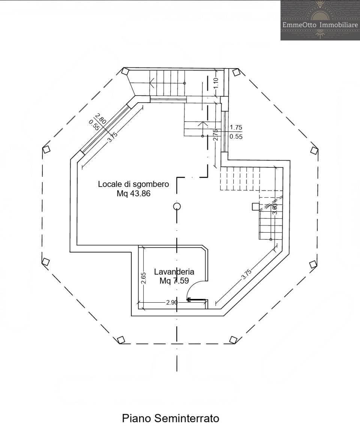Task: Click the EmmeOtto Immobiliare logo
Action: [x=320, y=20]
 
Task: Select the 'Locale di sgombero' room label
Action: [x=133, y=184]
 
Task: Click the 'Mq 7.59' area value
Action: [x=174, y=281]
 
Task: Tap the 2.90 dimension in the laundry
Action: [x=172, y=302]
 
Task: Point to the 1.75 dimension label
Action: [x=236, y=127]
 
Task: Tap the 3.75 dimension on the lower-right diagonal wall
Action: [x=246, y=275]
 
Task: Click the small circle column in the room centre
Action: [x=177, y=206]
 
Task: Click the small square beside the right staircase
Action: [x=256, y=206]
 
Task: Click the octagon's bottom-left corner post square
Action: [x=121, y=340]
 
